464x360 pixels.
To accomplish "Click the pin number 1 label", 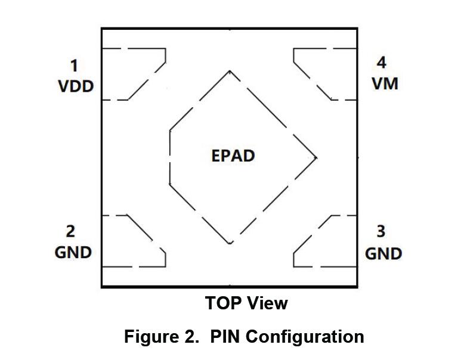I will click(x=74, y=65).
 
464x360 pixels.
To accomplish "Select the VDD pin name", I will click(x=76, y=86).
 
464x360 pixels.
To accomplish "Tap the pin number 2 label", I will click(x=70, y=231).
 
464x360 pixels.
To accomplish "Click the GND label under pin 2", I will click(x=73, y=252).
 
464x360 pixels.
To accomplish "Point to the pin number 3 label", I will click(x=381, y=231).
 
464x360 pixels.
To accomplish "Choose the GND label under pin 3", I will click(x=383, y=253).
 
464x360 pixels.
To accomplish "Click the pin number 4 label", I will click(x=381, y=63).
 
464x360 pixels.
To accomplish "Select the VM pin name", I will click(x=385, y=83).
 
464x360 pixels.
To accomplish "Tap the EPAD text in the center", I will click(x=233, y=156).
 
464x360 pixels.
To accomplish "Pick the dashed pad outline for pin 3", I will click(x=324, y=241).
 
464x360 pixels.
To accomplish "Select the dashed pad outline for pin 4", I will click(x=324, y=74).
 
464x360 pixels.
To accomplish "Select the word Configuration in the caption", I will click(x=305, y=337).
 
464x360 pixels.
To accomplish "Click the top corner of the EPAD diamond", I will click(x=230, y=71).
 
